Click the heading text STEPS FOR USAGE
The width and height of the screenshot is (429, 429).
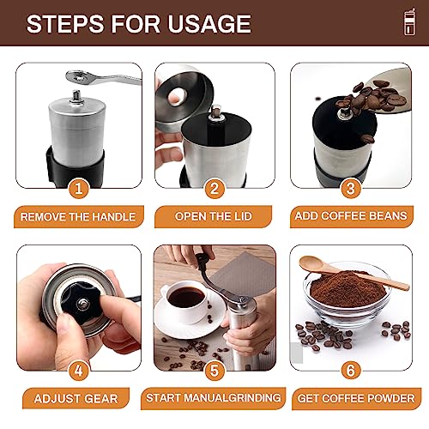[138, 24]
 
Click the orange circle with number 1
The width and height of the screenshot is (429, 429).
[78, 188]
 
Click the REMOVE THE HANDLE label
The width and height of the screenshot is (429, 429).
[77, 217]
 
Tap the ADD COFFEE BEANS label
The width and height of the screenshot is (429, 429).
[350, 217]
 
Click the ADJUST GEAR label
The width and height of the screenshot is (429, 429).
[77, 399]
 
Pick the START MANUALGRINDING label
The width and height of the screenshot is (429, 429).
[214, 399]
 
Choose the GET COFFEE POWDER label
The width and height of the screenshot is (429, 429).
[350, 399]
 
